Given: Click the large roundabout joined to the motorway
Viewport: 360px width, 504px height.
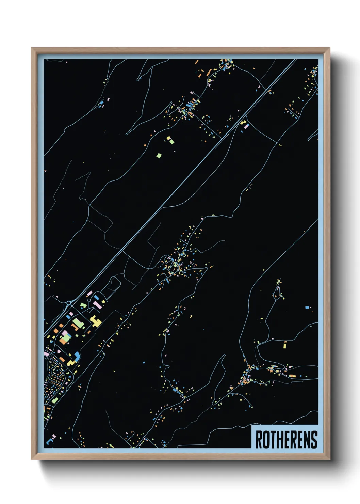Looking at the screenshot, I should pyautogui.click(x=69, y=303).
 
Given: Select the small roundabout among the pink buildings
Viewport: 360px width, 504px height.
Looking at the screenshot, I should pyautogui.click(x=89, y=300).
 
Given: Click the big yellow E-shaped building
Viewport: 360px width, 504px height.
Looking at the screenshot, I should pyautogui.click(x=96, y=321).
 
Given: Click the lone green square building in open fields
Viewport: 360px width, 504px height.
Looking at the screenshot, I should pyautogui.click(x=159, y=156).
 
